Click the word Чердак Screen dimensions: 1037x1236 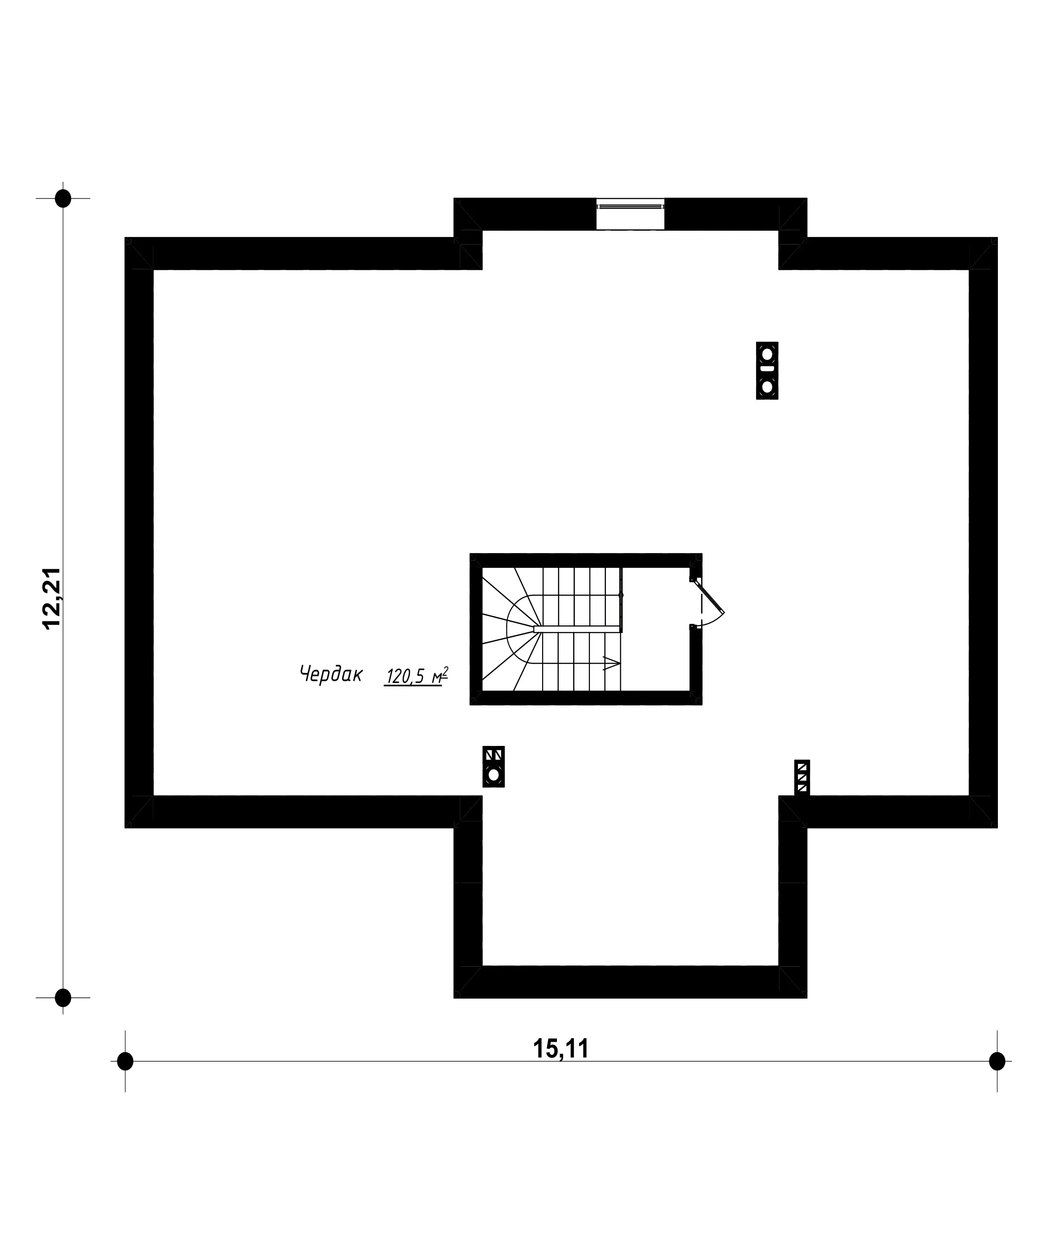tap(331, 674)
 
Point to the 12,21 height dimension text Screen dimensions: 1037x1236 tap(51, 598)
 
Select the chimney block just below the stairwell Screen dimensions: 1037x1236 tap(493, 766)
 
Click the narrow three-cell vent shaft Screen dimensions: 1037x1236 tap(801, 777)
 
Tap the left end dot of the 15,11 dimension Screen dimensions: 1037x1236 tap(125, 1061)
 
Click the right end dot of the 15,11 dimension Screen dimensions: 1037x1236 tap(997, 1061)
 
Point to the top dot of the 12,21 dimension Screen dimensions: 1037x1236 tap(63, 198)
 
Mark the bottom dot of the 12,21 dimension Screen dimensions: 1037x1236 tap(63, 998)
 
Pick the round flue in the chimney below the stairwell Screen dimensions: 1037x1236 tap(493, 775)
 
